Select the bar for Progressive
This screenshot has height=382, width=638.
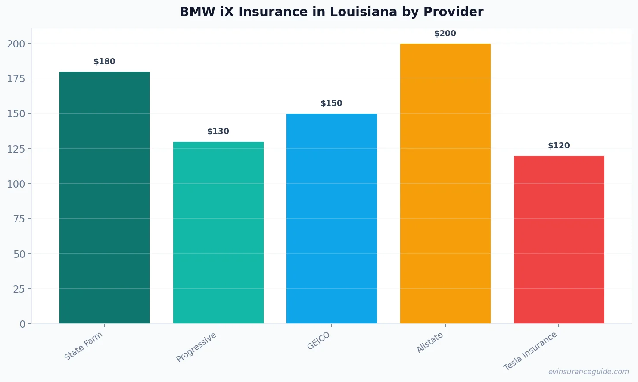click(218, 233)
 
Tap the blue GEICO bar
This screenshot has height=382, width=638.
click(331, 219)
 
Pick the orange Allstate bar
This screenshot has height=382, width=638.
click(445, 183)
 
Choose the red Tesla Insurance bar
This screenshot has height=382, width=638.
click(559, 239)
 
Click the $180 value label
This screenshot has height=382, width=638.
click(105, 62)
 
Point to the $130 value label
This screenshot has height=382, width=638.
click(218, 132)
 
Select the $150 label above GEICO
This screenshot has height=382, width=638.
click(331, 103)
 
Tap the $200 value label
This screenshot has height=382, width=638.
click(445, 34)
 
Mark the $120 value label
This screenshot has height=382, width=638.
click(559, 146)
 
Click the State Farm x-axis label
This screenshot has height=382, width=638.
click(84, 346)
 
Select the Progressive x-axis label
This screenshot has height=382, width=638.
click(196, 347)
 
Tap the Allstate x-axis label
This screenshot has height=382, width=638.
click(429, 343)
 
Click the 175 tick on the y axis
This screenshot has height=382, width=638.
click(16, 78)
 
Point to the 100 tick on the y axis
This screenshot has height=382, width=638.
click(16, 184)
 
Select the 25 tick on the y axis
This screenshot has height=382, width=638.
click(19, 289)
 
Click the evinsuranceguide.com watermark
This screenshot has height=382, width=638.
click(588, 372)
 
